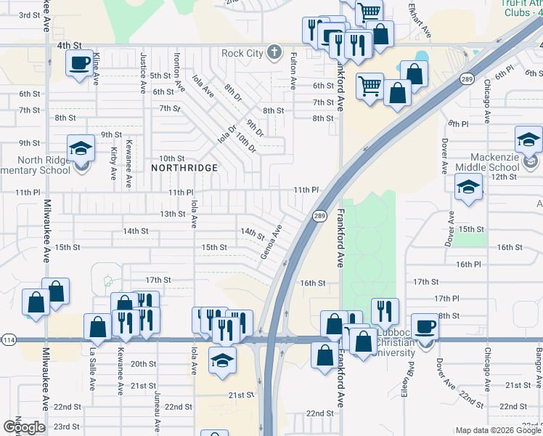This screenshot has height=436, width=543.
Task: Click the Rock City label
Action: [242, 53]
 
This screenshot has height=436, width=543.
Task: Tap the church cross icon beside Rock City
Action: [273, 52]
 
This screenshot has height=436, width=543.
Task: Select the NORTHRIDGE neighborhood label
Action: [184, 168]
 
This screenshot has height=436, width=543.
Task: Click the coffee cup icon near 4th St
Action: [80, 62]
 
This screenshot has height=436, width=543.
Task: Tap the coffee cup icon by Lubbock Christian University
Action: [425, 326]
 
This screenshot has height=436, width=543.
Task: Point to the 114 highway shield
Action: [9, 340]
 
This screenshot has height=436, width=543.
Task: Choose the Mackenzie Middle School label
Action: [499, 165]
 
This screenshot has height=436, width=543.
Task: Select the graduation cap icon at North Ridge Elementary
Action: [81, 149]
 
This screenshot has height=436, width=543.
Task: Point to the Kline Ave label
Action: [96, 69]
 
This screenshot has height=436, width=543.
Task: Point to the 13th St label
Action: [173, 214]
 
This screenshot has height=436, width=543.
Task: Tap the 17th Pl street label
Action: [446, 298]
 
